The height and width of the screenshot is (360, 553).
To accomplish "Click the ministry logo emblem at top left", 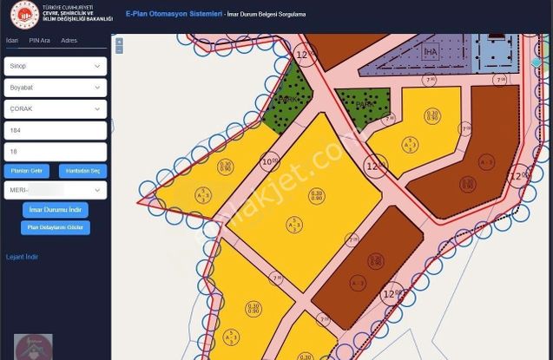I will pos(24,15).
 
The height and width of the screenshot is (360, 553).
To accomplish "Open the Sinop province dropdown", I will pos(55,66).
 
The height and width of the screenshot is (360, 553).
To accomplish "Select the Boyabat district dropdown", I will pos(55,88).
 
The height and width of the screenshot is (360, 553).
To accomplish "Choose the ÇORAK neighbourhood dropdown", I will pos(55,109).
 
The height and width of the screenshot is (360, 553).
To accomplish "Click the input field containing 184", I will pos(55,130).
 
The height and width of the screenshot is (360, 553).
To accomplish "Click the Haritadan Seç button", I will pos(83,171).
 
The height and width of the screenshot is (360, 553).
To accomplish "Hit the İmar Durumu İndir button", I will pos(56,210).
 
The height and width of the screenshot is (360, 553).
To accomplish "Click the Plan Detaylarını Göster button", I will pos(56,228).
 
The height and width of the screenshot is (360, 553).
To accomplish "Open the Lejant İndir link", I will pos(23,257).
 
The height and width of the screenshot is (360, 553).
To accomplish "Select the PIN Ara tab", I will pos(39,41).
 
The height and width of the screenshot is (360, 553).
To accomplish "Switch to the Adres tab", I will pos(69,41).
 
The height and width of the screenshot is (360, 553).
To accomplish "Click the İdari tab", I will pos(12,41).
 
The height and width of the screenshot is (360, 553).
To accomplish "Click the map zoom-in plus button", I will pos(119,41).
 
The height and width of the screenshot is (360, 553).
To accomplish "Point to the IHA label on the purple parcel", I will pos(431,52).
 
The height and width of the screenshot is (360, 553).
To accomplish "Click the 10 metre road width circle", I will pos(270,160).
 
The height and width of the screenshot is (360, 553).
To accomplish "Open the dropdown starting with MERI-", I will pos(55,190).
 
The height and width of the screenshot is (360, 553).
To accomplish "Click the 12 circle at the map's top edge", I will pos(303,55).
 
